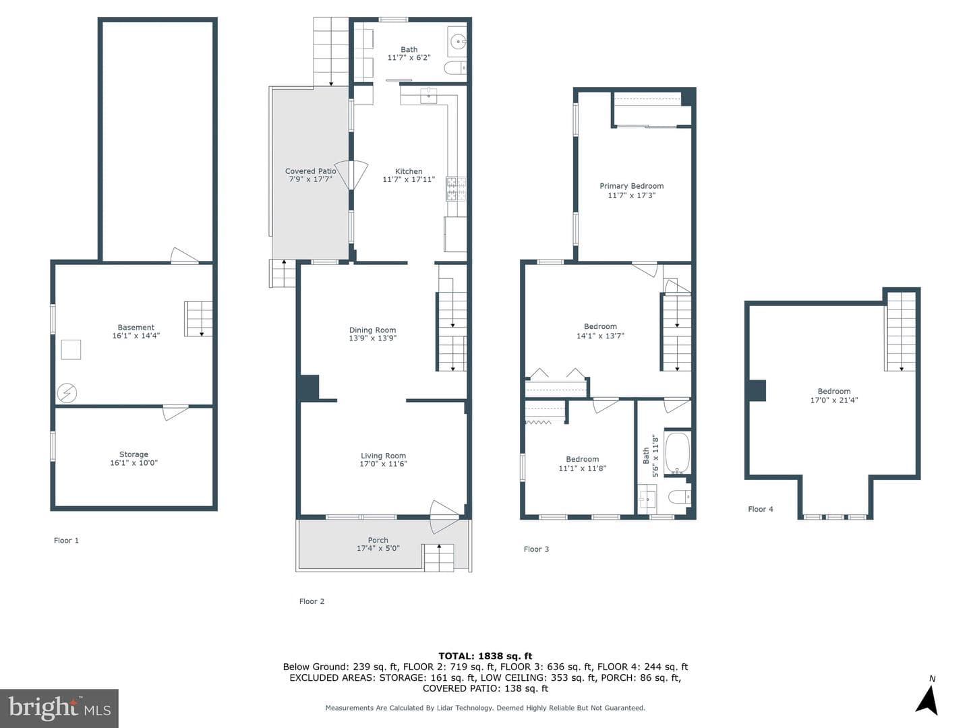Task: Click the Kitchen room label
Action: [409, 171]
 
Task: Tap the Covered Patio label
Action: [311, 171]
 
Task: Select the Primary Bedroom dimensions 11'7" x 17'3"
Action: [631, 195]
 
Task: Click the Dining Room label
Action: [372, 330]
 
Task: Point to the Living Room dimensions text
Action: [383, 464]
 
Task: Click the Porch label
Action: [378, 540]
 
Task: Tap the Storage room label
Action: [134, 454]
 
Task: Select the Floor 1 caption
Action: [66, 540]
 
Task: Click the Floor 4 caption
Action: [761, 509]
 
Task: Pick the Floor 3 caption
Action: [536, 549]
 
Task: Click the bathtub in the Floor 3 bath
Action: [677, 452]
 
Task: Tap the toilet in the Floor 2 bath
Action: [455, 68]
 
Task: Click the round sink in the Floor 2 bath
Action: [457, 42]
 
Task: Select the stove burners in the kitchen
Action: [456, 188]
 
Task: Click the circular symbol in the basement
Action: [67, 393]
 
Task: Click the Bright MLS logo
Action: [59, 708]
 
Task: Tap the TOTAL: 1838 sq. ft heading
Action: [486, 656]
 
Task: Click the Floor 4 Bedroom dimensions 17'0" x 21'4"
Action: [834, 400]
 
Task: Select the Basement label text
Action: [136, 328]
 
